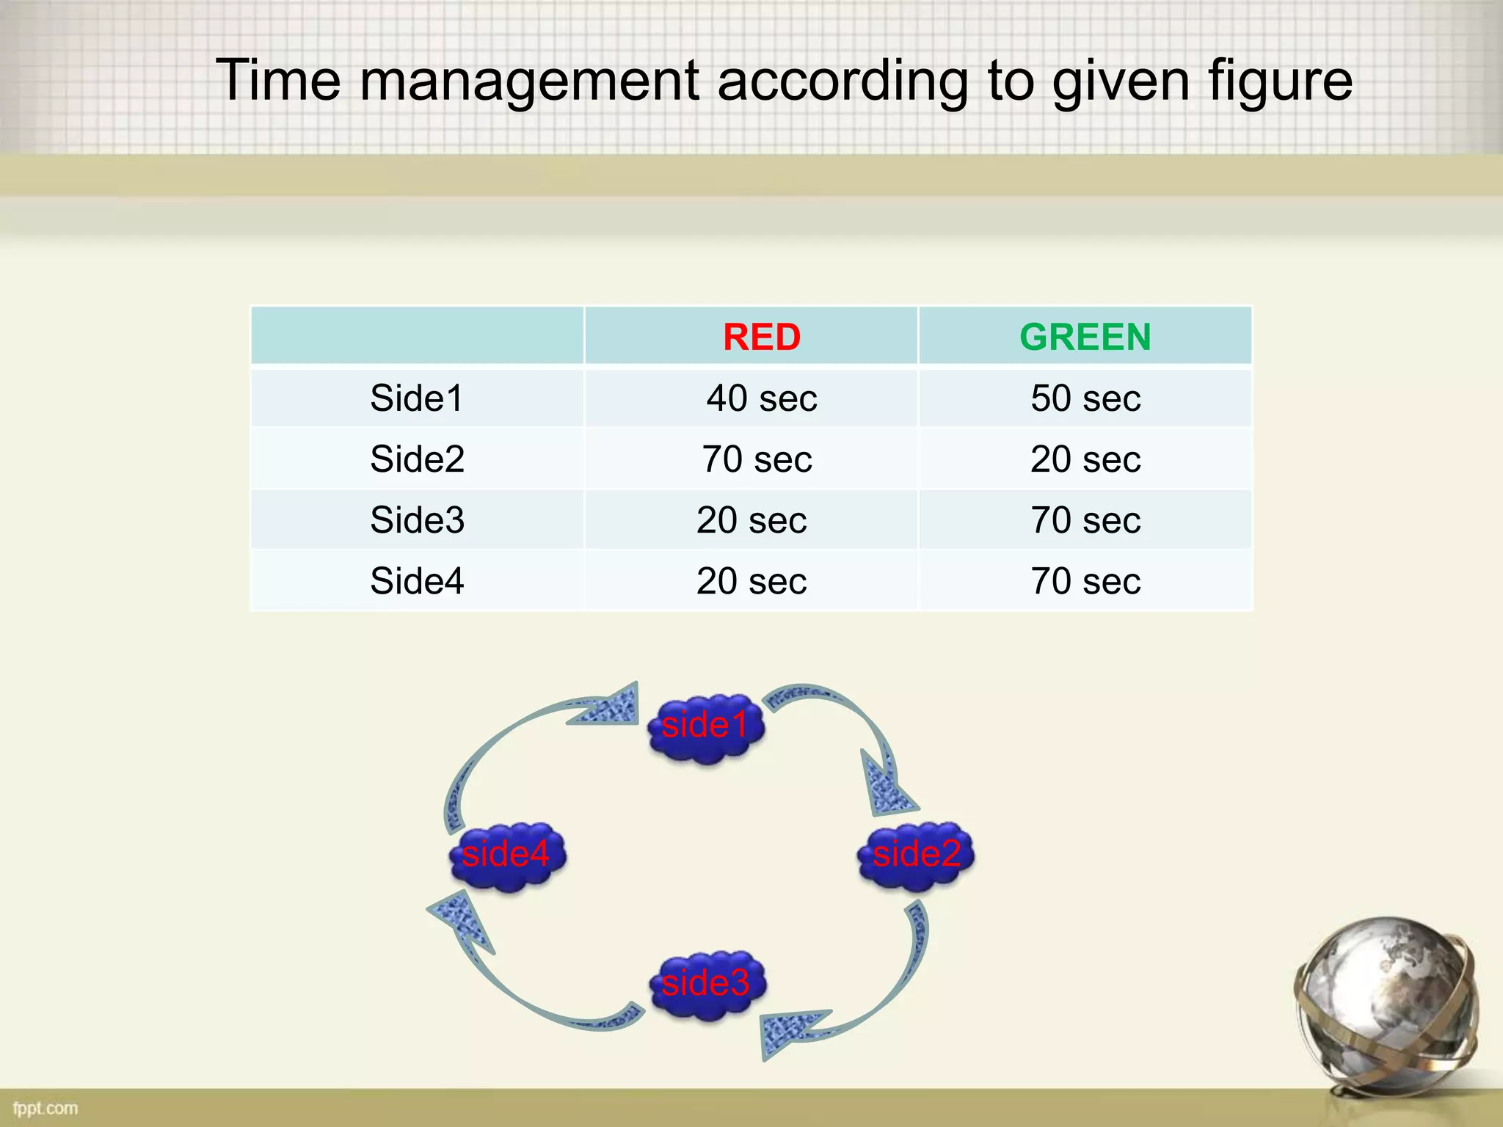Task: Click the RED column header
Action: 761,338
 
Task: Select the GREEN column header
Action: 1085,338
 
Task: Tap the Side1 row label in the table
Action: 416,398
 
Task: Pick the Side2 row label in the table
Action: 417,459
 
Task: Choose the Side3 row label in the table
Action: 417,520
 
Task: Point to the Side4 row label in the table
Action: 417,581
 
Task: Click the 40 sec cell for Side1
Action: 761,398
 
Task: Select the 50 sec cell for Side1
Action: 1085,398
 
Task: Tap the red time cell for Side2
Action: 757,459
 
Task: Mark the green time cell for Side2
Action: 1085,459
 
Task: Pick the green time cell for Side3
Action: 1085,520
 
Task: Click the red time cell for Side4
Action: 751,581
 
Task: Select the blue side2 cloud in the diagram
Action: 916,855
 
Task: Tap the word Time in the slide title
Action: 277,80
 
